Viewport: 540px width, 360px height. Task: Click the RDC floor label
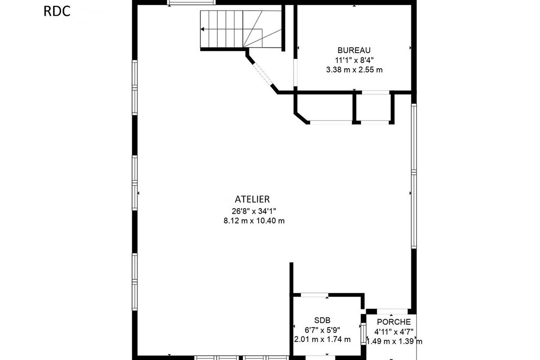[x=57, y=11]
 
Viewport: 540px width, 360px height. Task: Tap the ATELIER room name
[x=252, y=199]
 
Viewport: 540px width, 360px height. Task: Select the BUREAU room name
[x=354, y=50]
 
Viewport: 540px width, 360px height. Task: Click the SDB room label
[x=323, y=320]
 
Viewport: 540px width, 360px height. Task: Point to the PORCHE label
[x=394, y=322]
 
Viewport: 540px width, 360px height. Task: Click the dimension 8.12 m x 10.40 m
[x=254, y=221]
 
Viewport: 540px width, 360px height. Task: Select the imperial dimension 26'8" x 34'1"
[x=254, y=211]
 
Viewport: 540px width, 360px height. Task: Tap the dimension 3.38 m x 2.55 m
[x=354, y=70]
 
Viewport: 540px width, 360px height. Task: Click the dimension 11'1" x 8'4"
[x=354, y=60]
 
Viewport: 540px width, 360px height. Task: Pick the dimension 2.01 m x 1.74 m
[x=323, y=339]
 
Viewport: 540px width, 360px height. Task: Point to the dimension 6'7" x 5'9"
[x=323, y=330]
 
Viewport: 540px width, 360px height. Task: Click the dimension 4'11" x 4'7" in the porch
[x=394, y=332]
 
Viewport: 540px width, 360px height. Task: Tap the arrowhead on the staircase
[x=202, y=29]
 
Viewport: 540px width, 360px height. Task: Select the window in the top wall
[x=191, y=2]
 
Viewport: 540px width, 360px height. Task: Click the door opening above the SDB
[x=314, y=295]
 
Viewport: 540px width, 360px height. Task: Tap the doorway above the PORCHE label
[x=393, y=311]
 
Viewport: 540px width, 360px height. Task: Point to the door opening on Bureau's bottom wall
[x=376, y=92]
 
